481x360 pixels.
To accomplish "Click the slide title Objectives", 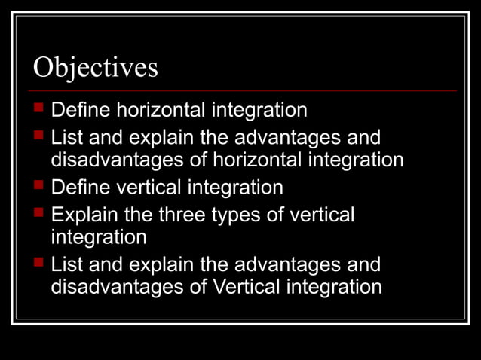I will click(x=96, y=68).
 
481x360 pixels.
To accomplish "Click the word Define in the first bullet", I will click(x=78, y=111).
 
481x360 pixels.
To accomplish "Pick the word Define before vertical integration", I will click(x=78, y=187).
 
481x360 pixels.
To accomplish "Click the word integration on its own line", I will click(x=98, y=238).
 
